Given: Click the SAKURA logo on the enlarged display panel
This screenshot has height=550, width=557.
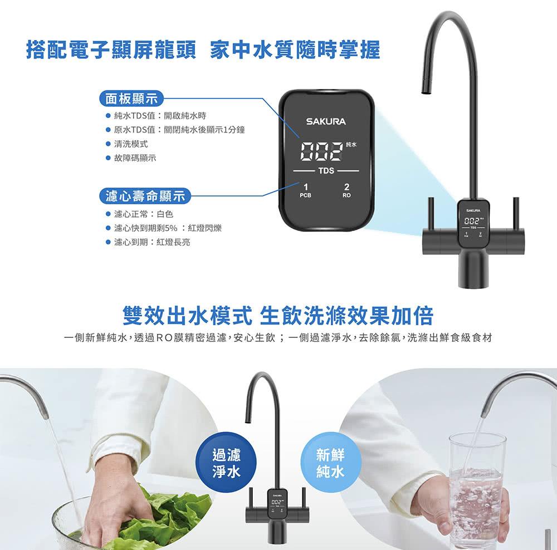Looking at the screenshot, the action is point(326,121).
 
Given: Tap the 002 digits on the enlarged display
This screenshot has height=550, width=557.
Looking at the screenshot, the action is point(322,151).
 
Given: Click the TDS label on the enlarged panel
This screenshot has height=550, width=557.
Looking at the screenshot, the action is point(326,171).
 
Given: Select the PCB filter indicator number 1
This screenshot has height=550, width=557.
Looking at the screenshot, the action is point(305,186).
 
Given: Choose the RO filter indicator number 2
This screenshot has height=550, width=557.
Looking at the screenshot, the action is point(346,186).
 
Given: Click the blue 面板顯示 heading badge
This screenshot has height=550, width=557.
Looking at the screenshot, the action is point(131,99).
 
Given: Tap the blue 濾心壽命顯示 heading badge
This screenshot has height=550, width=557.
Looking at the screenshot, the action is point(145,196).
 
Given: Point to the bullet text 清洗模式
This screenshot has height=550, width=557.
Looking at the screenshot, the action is point(131,144).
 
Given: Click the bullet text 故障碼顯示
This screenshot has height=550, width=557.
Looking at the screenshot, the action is point(135,158).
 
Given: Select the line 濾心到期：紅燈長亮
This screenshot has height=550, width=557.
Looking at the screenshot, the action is point(152,242).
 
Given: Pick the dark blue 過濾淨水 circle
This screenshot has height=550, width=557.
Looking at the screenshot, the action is point(226,462).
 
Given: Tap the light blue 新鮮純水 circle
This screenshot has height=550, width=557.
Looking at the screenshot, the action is point(330,462).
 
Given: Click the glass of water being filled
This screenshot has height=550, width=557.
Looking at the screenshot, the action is point(476,490).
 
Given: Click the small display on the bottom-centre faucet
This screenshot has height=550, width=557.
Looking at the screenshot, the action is point(277,502).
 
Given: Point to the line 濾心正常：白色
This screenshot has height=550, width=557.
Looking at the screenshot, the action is point(144,214).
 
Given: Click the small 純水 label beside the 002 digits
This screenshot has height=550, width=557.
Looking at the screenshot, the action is point(351,145).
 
